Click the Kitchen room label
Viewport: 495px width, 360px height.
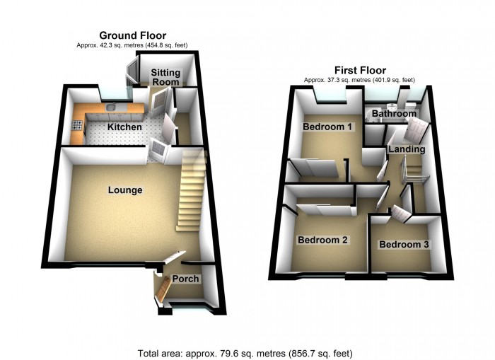124,127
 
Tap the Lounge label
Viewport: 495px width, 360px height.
125,190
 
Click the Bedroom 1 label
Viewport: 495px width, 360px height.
327,127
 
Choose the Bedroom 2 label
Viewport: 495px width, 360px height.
322,240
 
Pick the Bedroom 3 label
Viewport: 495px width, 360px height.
403,245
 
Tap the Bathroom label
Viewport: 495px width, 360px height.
394,113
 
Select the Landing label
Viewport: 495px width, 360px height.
407,149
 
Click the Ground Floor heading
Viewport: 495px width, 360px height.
132,35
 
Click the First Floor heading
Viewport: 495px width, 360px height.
359,70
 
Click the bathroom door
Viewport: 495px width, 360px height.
417,130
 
